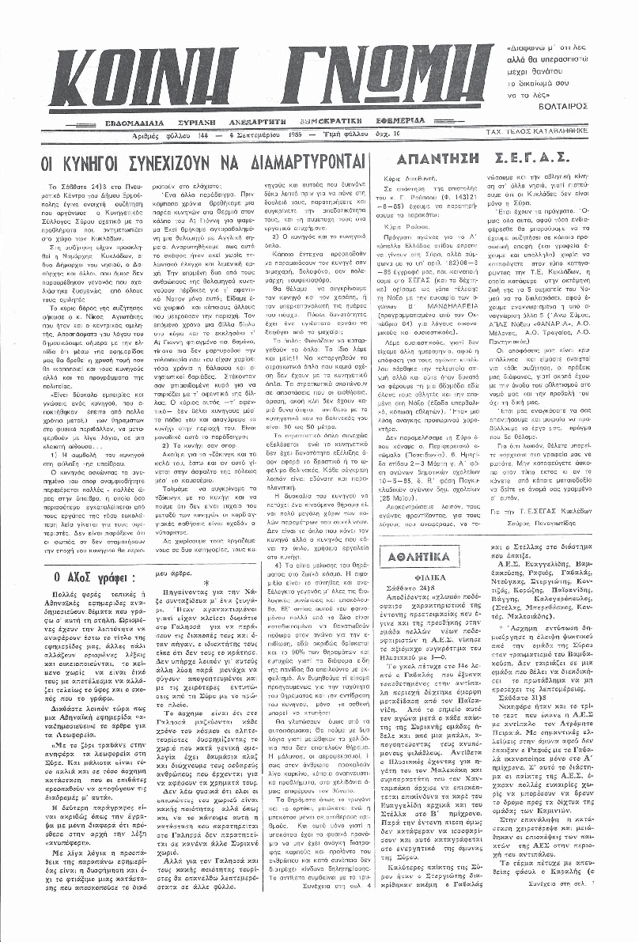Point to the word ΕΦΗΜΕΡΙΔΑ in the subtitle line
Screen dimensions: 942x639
point(391,121)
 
